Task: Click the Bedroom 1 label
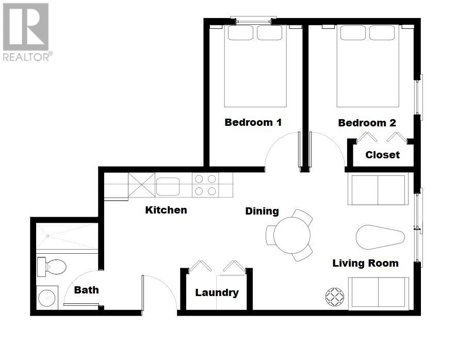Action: tap(253, 122)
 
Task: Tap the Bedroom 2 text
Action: tap(367, 123)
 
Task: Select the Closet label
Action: tap(382, 155)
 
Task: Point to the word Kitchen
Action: tap(166, 210)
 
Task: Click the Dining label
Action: tap(262, 211)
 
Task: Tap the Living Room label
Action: tap(365, 263)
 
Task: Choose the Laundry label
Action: tap(217, 292)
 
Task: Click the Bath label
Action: tap(86, 290)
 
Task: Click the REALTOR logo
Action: tap(26, 32)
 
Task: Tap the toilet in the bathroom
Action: tap(52, 267)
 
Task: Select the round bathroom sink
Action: tap(47, 298)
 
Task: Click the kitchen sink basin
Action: tap(168, 186)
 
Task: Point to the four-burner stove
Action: tap(205, 185)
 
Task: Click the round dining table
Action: tap(291, 235)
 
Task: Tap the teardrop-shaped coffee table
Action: tap(380, 237)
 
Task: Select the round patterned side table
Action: tap(335, 297)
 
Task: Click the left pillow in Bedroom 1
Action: tap(240, 33)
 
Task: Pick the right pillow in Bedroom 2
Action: tap(382, 33)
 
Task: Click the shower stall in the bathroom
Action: tap(67, 236)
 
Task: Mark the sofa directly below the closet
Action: tap(378, 190)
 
